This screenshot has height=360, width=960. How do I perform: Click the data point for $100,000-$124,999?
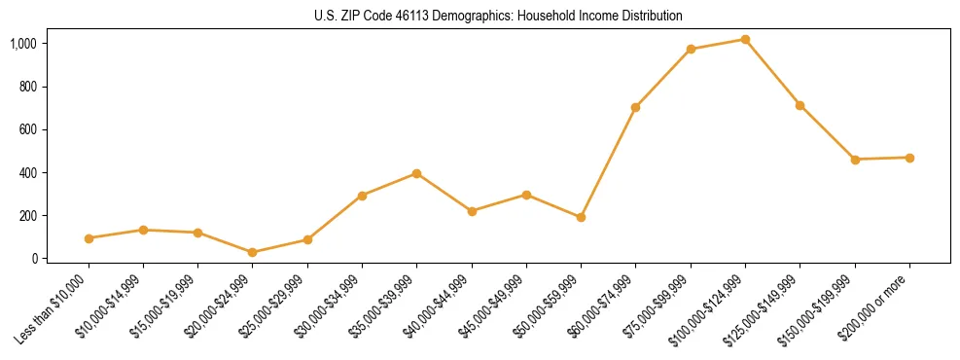pos(745,39)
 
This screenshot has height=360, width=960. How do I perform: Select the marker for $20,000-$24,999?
pos(253,252)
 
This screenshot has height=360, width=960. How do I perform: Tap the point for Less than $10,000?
pos(89,238)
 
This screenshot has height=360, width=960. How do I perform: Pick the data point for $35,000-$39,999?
pos(416,173)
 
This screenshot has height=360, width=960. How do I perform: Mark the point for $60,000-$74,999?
pos(635,107)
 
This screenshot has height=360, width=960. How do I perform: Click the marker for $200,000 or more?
pos(909,158)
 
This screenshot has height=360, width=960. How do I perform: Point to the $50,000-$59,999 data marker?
pos(581,217)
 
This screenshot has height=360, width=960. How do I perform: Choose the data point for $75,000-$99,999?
pos(691,49)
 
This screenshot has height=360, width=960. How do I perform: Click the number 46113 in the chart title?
pos(409,17)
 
